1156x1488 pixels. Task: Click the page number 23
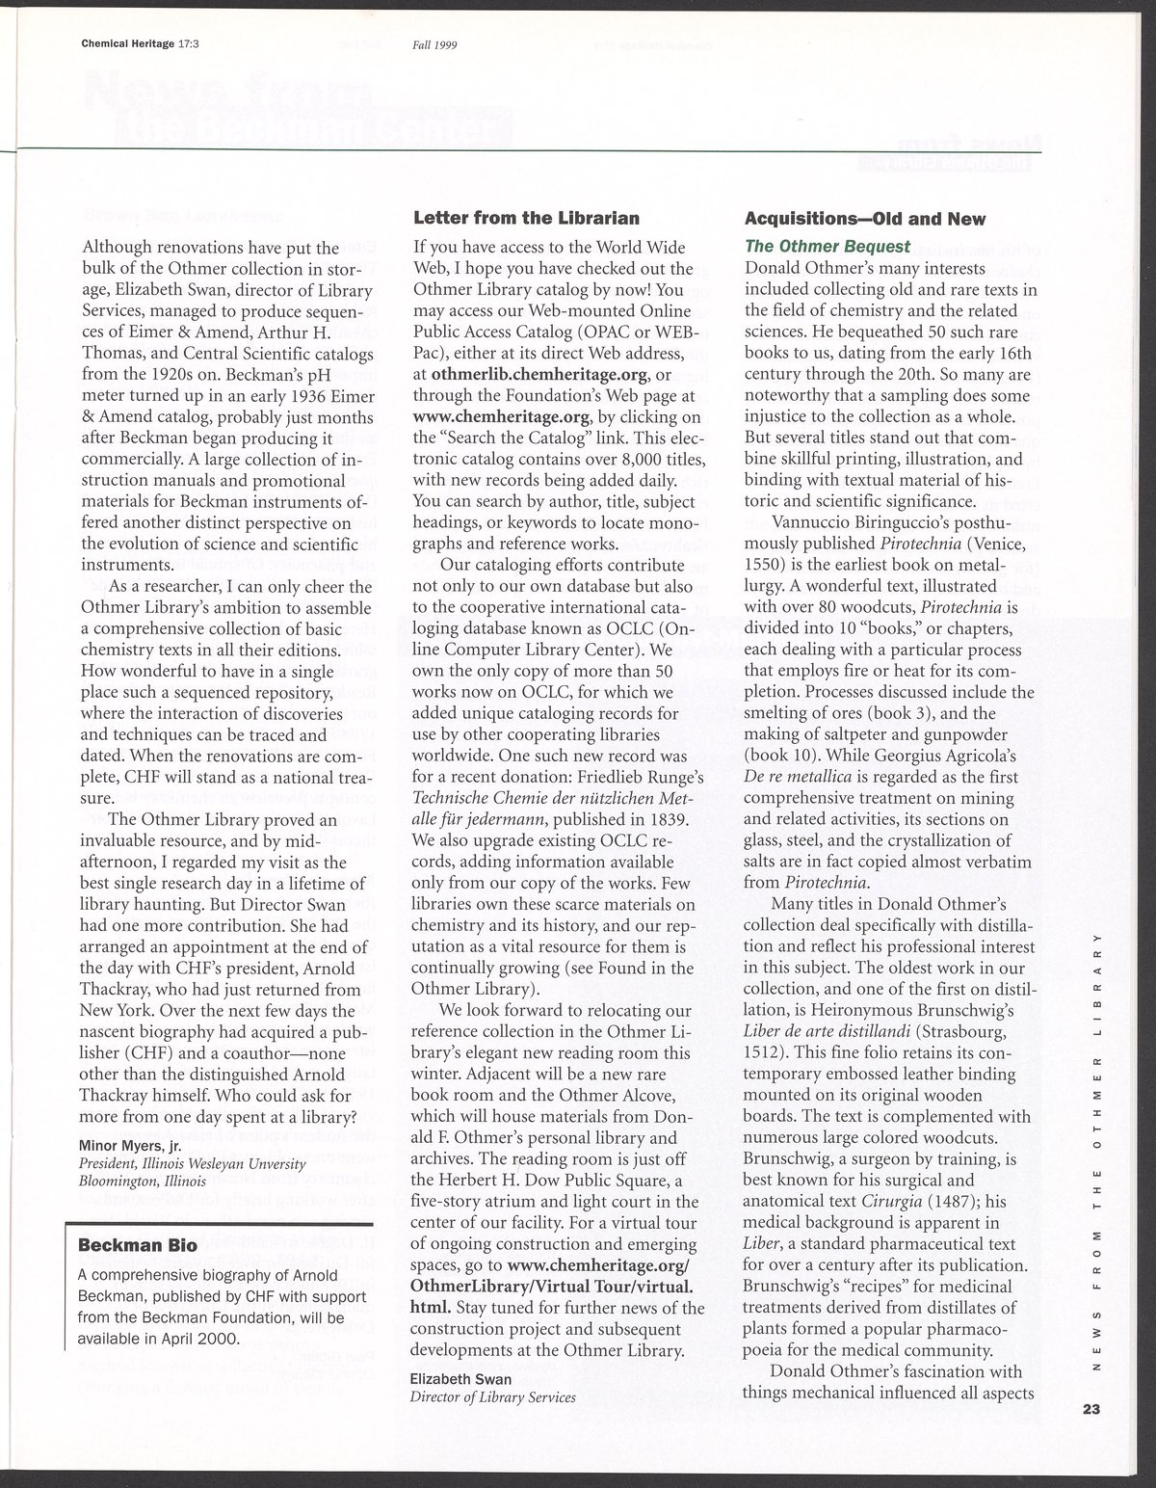pyautogui.click(x=1090, y=1410)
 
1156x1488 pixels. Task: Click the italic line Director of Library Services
pyautogui.click(x=493, y=1396)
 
